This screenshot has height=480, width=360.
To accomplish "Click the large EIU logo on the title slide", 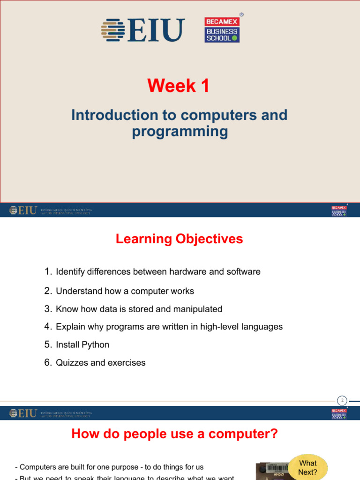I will coord(143,30).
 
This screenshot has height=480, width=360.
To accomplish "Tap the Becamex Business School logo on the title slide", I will coord(222,30).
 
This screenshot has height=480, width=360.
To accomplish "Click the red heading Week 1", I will coord(179,86).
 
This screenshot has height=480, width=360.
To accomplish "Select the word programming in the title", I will coord(180,131).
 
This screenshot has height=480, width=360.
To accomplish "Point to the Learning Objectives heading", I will coord(179,239).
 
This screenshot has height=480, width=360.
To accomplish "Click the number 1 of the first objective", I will coord(47,271).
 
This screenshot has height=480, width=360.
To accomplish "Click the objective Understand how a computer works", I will coord(125,291).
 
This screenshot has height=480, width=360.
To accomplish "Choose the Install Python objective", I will coord(82,345).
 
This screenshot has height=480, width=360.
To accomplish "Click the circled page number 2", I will coord(342,400).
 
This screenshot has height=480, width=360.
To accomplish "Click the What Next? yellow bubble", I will coord(308,467).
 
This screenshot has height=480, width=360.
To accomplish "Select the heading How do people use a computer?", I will coord(174,435).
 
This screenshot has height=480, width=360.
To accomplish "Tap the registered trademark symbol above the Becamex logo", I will coord(241,15).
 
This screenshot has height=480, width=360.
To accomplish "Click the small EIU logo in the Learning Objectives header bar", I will coord(23,210).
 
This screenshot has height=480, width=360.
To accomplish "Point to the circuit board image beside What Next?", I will coord(271,471).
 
